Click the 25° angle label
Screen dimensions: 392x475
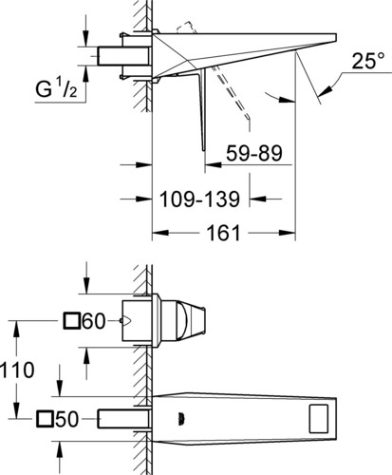[x=368, y=60]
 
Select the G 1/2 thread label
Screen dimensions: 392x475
[x=56, y=88]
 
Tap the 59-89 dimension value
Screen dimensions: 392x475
[x=254, y=153]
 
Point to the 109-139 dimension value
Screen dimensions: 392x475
[x=199, y=199]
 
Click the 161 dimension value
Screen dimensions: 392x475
[x=223, y=233]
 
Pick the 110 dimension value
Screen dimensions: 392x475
[x=17, y=370]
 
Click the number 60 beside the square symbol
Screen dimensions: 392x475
[x=93, y=321]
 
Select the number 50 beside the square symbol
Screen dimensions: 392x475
[x=66, y=419]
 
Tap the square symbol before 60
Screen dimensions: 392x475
[x=71, y=320]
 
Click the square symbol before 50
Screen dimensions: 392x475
[x=45, y=419]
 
